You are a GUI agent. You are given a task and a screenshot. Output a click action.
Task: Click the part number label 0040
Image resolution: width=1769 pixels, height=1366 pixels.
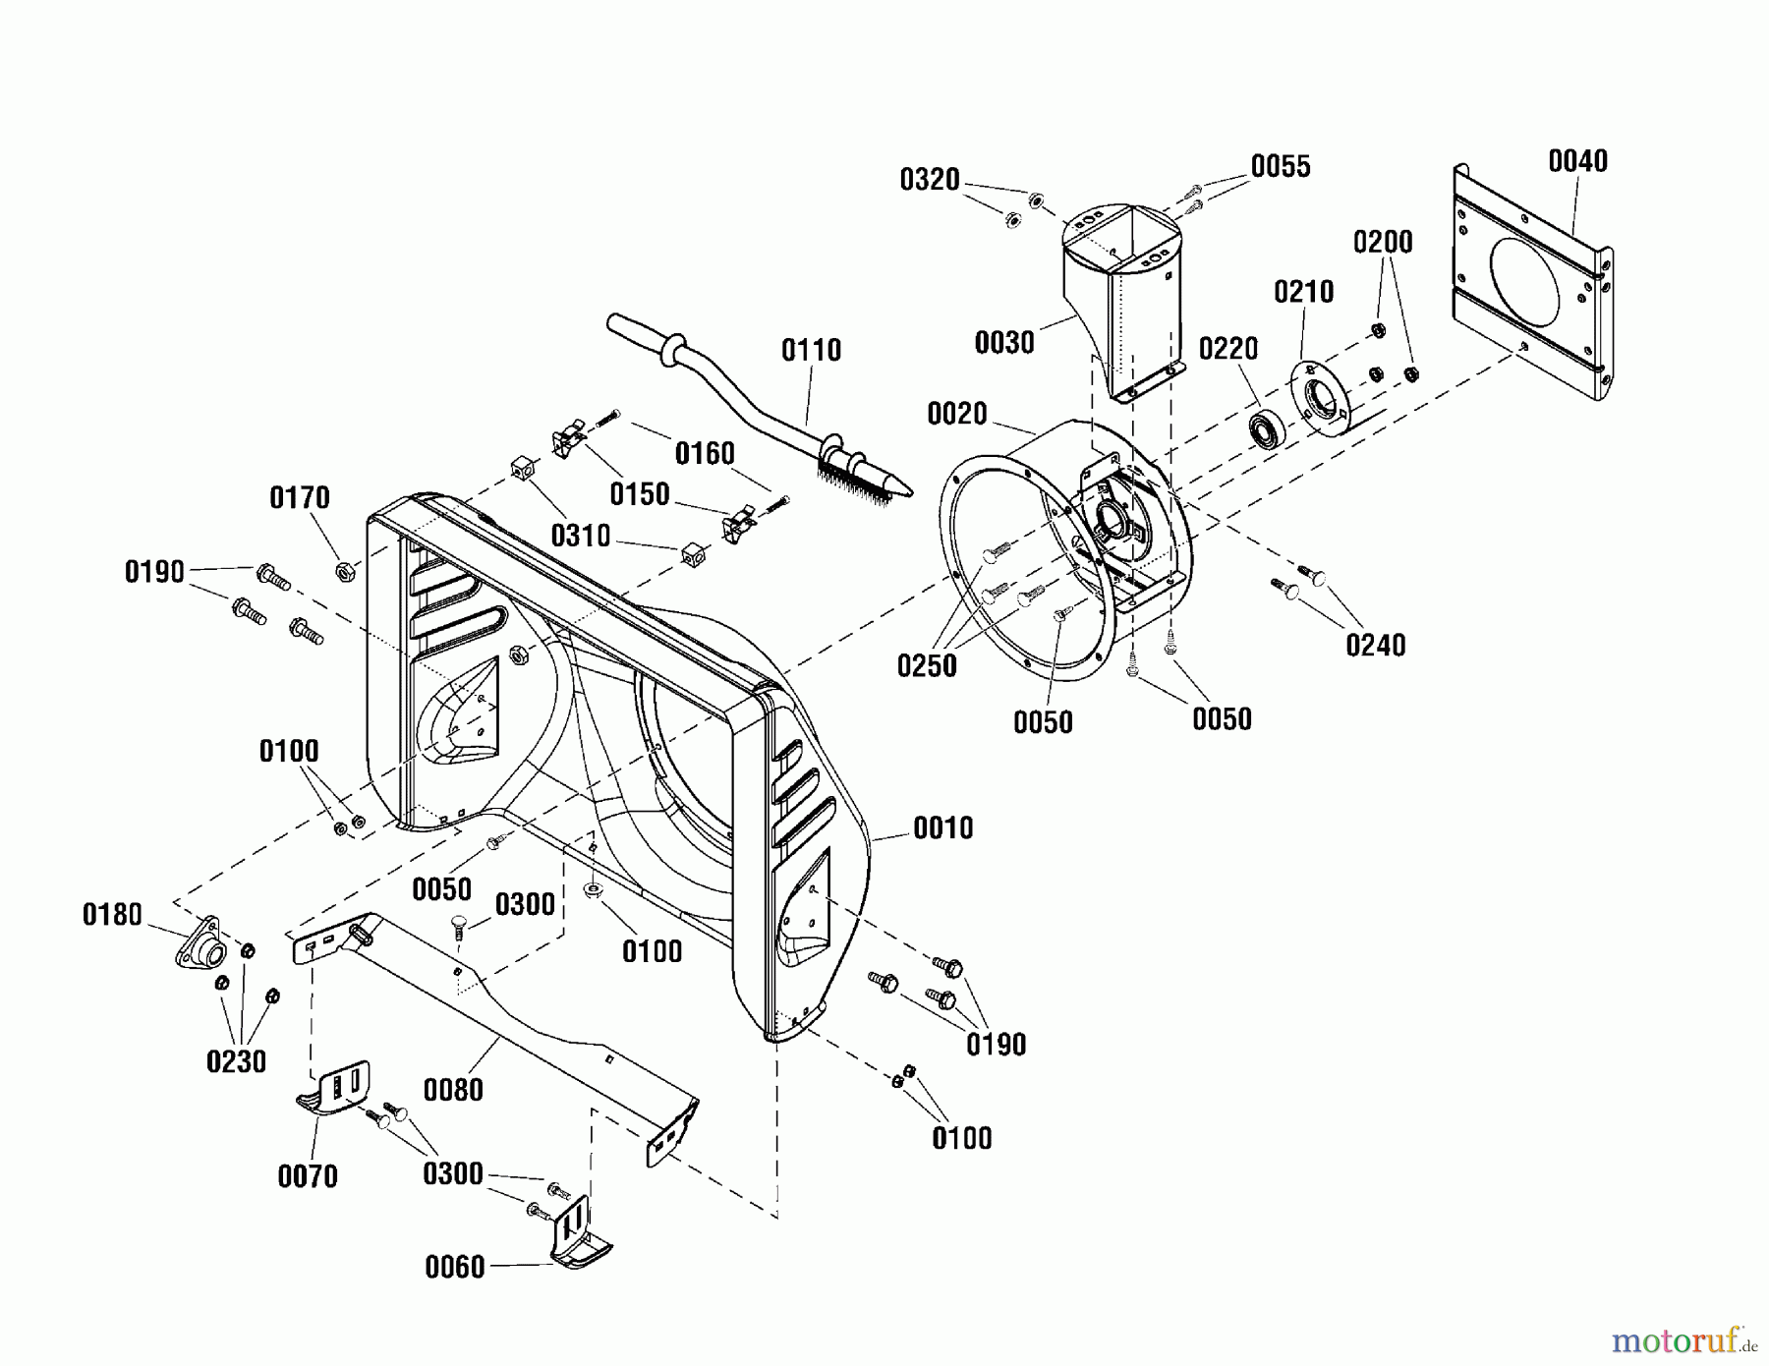tap(1577, 161)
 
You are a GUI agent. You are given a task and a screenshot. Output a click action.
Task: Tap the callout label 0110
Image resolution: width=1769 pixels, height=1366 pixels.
tap(811, 350)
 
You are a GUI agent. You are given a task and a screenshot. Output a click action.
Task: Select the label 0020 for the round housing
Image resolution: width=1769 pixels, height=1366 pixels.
tap(956, 414)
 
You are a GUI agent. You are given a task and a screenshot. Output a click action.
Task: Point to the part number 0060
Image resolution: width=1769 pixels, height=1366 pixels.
tap(454, 1267)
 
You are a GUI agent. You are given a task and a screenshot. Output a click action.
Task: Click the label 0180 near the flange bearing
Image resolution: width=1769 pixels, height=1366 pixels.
tap(112, 915)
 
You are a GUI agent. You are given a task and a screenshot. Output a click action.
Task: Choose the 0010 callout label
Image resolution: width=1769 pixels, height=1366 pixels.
tap(942, 828)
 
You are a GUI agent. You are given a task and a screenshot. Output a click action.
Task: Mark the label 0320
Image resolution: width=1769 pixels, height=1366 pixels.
tap(929, 180)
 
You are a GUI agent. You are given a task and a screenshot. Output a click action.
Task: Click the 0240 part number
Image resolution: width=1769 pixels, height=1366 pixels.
tap(1375, 646)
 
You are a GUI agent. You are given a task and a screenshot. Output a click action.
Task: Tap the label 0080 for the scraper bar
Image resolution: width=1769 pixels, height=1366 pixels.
tap(453, 1090)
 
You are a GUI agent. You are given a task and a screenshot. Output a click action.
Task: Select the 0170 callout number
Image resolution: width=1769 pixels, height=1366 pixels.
tap(300, 498)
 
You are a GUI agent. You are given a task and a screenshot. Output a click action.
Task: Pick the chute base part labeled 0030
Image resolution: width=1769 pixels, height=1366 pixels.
tap(1120, 295)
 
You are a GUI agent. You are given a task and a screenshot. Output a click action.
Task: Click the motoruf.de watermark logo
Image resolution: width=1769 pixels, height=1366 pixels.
tap(1682, 1338)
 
